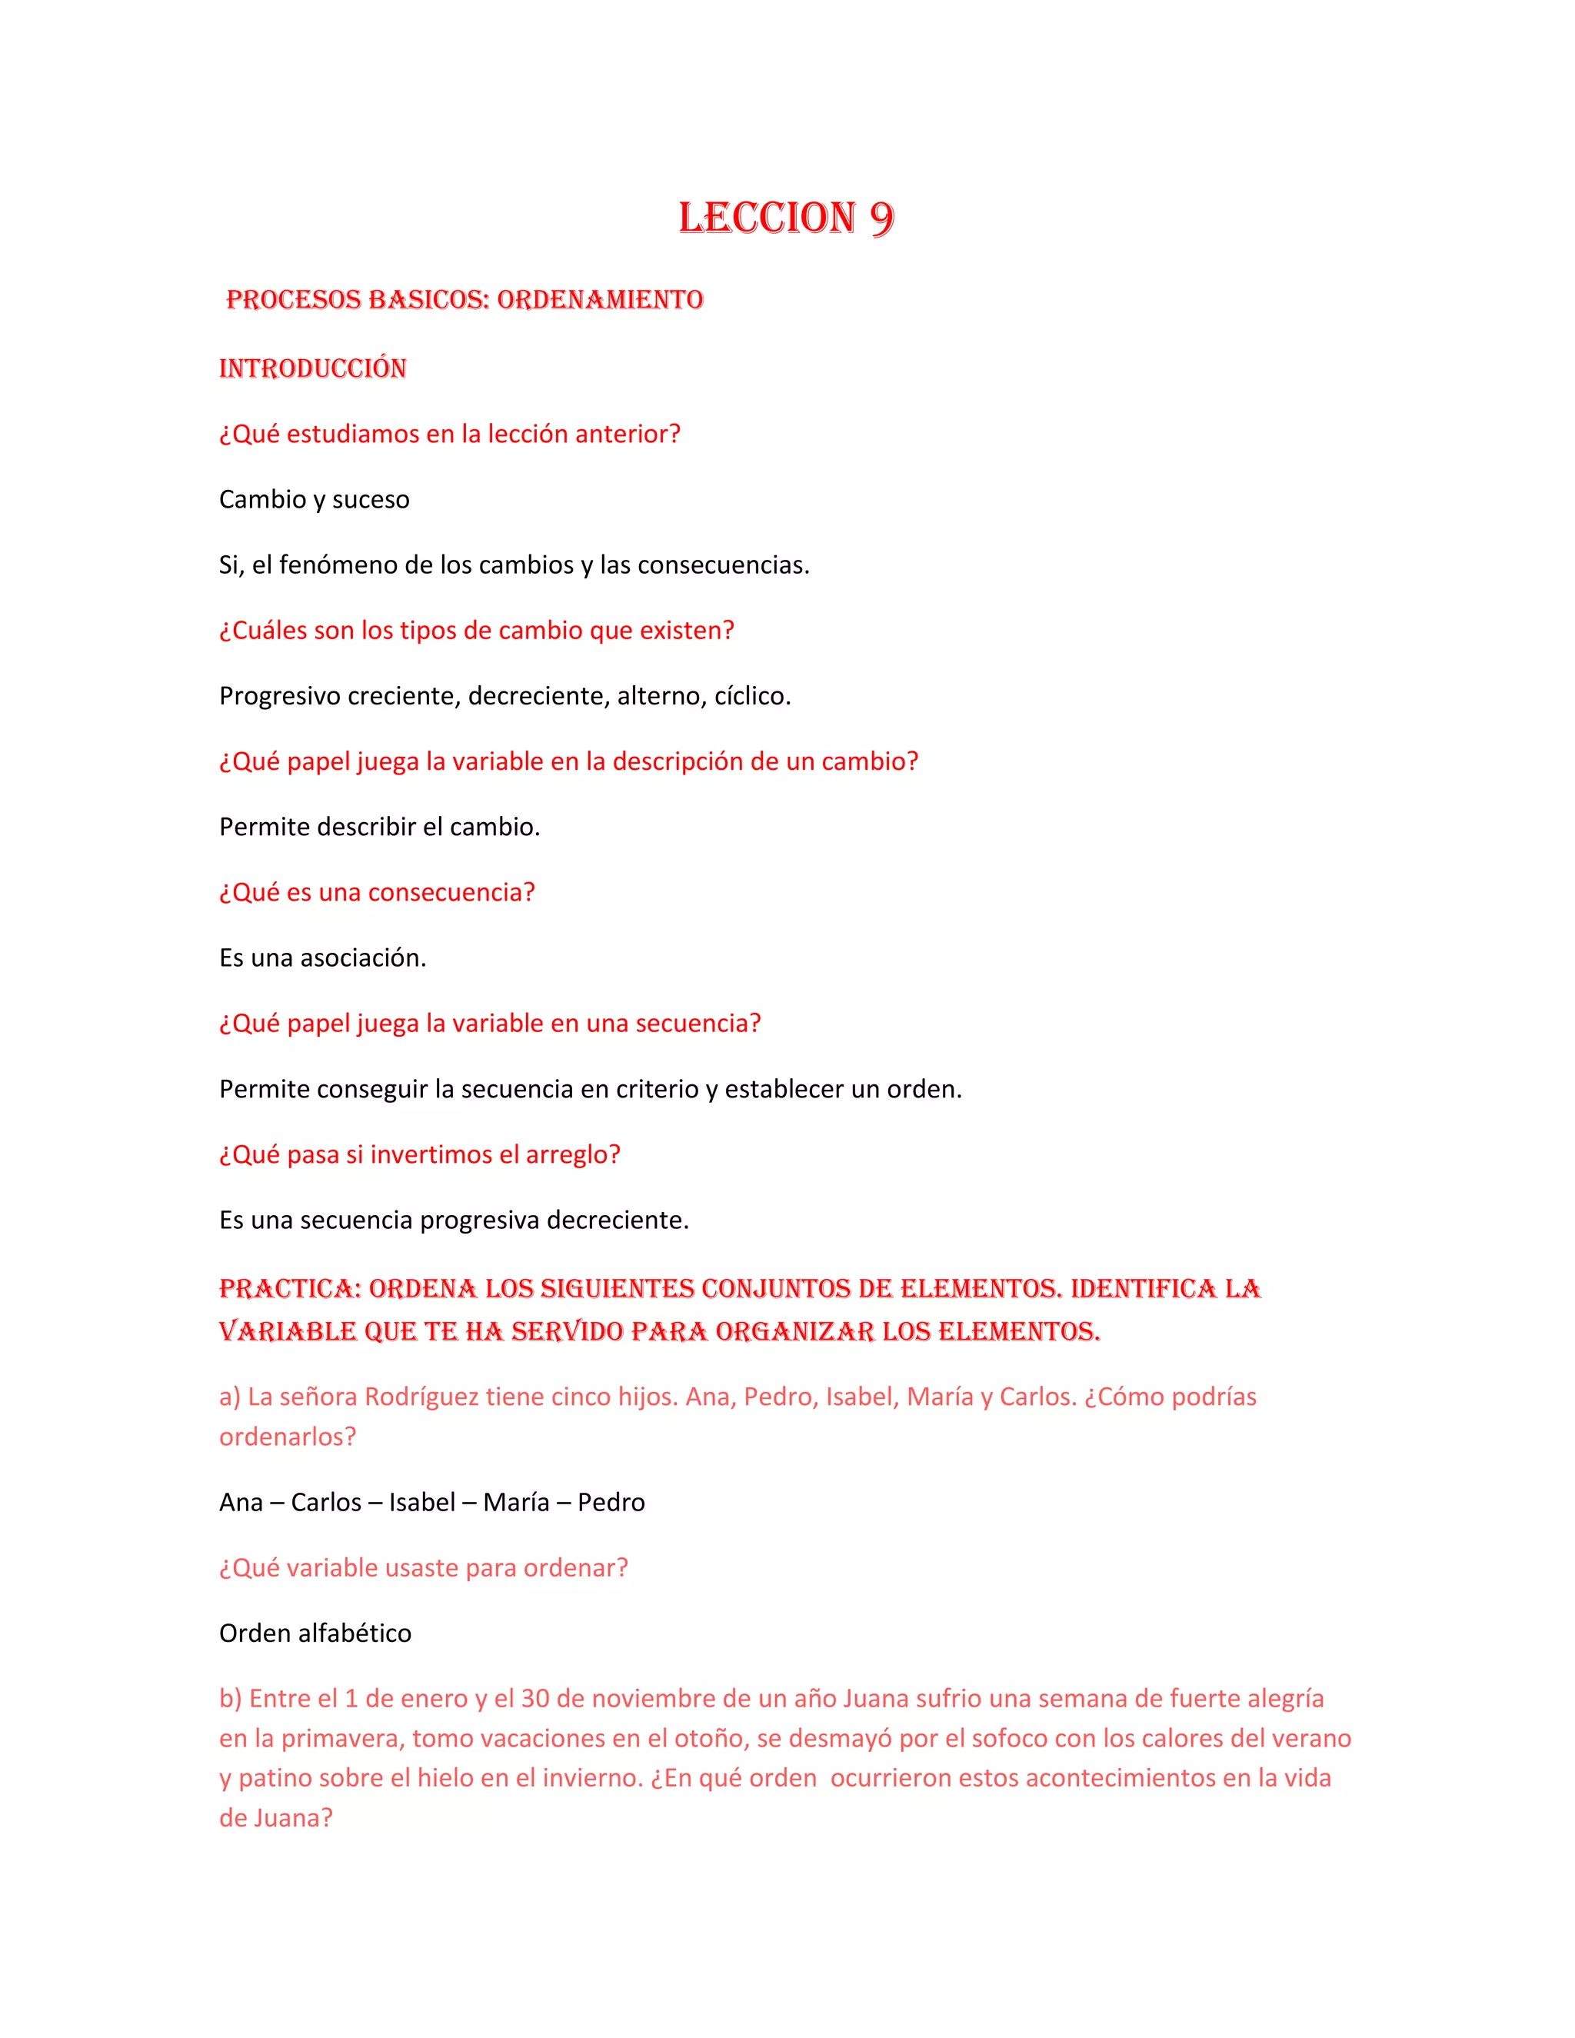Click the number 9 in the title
click(x=881, y=218)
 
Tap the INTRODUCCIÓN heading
click(x=312, y=368)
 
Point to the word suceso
click(x=371, y=500)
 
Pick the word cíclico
click(x=752, y=696)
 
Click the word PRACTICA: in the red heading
click(x=290, y=1289)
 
